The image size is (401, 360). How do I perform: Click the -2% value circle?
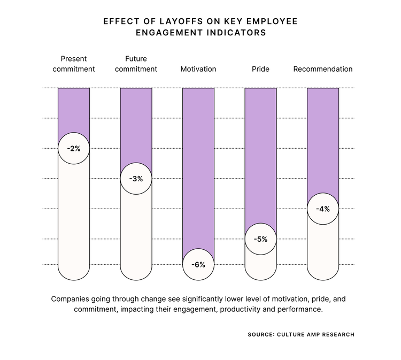74,148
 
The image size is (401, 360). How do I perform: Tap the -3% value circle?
136,179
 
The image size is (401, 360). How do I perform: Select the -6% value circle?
198,264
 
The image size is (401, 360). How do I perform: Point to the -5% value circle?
261,239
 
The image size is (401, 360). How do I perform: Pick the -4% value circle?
323,209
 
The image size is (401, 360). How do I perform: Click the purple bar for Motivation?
198,166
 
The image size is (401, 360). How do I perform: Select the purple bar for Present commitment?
74,110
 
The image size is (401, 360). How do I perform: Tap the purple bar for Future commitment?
136,126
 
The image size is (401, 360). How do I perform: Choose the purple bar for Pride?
261,155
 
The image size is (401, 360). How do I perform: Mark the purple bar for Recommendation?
323,139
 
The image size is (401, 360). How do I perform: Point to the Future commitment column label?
136,64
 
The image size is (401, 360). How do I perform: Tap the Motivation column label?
198,69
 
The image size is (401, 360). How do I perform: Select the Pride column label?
261,69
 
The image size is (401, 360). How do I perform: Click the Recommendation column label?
323,69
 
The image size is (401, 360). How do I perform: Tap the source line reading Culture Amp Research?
300,334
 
